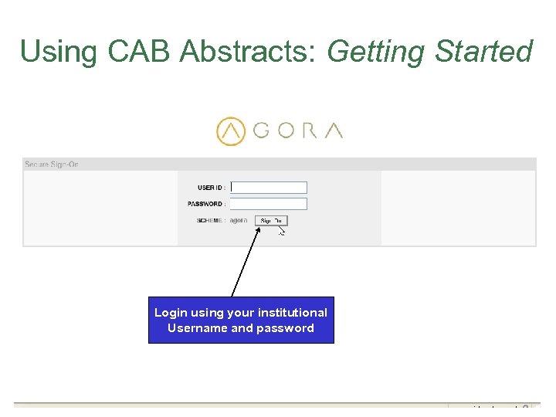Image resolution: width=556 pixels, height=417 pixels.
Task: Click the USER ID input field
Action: pyautogui.click(x=269, y=188)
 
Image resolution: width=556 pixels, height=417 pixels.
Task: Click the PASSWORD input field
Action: pyautogui.click(x=269, y=204)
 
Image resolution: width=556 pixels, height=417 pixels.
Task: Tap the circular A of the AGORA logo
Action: pyautogui.click(x=230, y=131)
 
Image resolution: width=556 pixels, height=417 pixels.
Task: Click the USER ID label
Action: pyautogui.click(x=211, y=188)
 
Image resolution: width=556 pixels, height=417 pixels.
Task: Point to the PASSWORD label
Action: pyautogui.click(x=205, y=204)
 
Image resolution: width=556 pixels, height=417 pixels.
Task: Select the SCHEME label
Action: pyautogui.click(x=211, y=220)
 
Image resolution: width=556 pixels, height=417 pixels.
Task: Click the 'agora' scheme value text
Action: pyautogui.click(x=239, y=220)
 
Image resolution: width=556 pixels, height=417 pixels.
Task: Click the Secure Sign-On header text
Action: pyautogui.click(x=52, y=164)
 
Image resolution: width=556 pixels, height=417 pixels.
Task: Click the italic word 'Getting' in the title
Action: pyautogui.click(x=376, y=52)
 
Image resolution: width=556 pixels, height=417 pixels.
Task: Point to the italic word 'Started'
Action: pyautogui.click(x=484, y=52)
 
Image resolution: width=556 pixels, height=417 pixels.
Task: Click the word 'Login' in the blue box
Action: pyautogui.click(x=171, y=313)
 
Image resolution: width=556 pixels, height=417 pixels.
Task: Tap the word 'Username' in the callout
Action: pyautogui.click(x=198, y=328)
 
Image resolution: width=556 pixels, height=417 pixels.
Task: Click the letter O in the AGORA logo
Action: pyautogui.click(x=286, y=131)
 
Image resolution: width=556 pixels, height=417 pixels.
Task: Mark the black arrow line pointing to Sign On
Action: pyautogui.click(x=246, y=263)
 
